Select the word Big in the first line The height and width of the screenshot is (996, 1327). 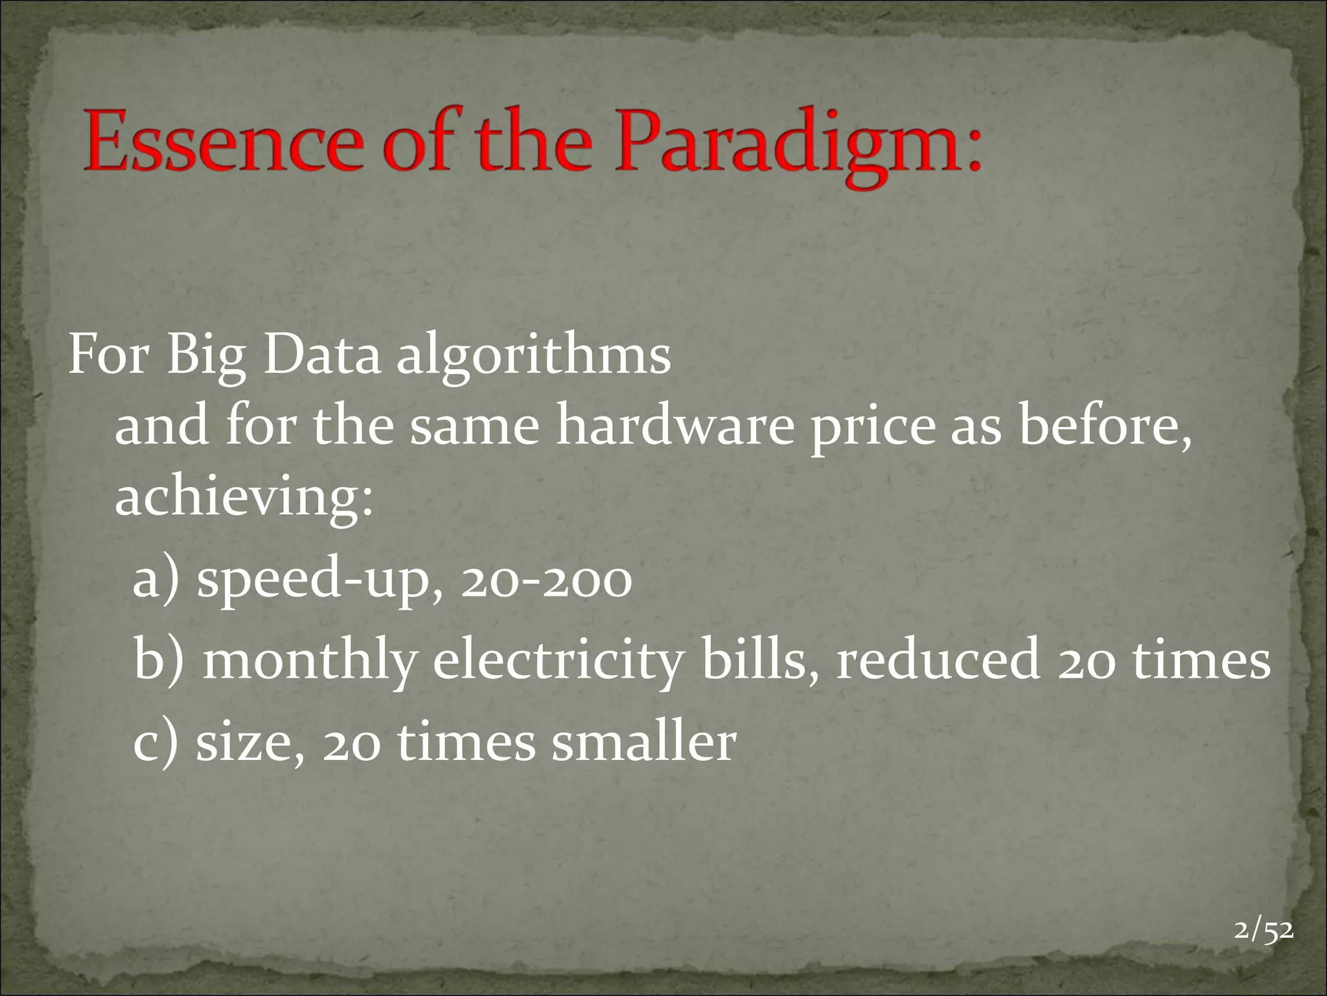click(x=206, y=358)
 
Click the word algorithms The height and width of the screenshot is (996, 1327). click(x=533, y=358)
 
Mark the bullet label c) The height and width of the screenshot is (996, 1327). click(x=155, y=742)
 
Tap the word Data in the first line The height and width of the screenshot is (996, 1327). click(x=321, y=358)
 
